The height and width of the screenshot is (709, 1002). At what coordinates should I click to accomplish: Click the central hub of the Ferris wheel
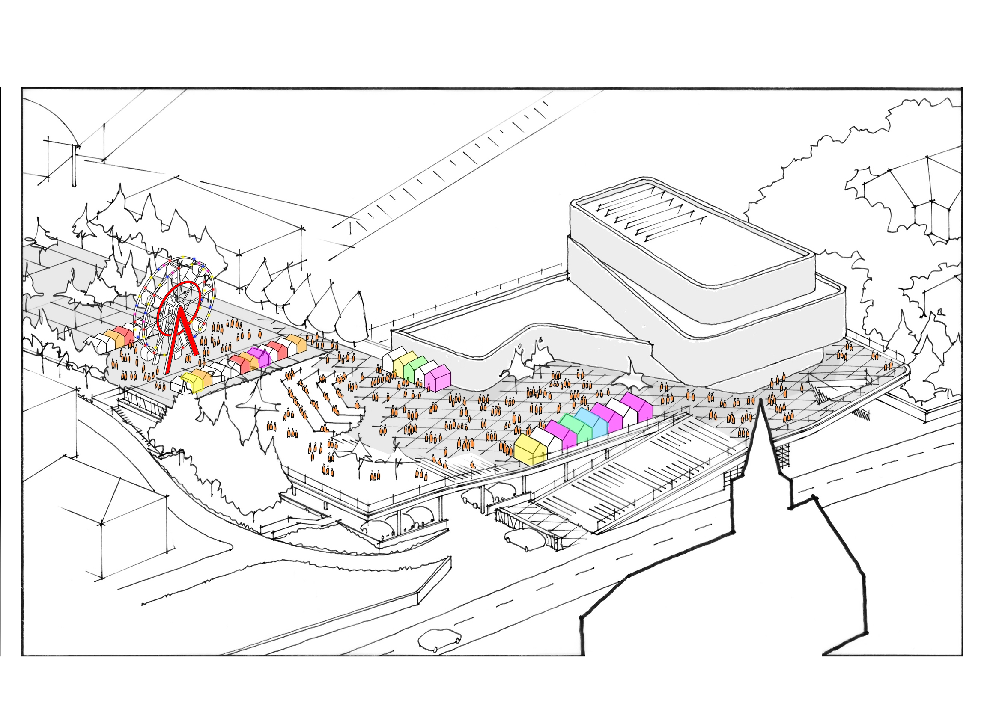tap(179, 309)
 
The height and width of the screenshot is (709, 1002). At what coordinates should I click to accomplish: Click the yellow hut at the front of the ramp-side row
tap(530, 450)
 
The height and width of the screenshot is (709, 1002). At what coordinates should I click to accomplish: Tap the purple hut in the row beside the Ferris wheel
tap(259, 357)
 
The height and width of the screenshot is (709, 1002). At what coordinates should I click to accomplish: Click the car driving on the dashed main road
tap(439, 640)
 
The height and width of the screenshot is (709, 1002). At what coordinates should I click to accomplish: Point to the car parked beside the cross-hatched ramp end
tap(522, 540)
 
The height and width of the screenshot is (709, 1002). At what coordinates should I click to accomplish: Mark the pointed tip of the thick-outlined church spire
tap(760, 401)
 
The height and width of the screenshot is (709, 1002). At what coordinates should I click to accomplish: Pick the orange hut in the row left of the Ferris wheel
tap(112, 339)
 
